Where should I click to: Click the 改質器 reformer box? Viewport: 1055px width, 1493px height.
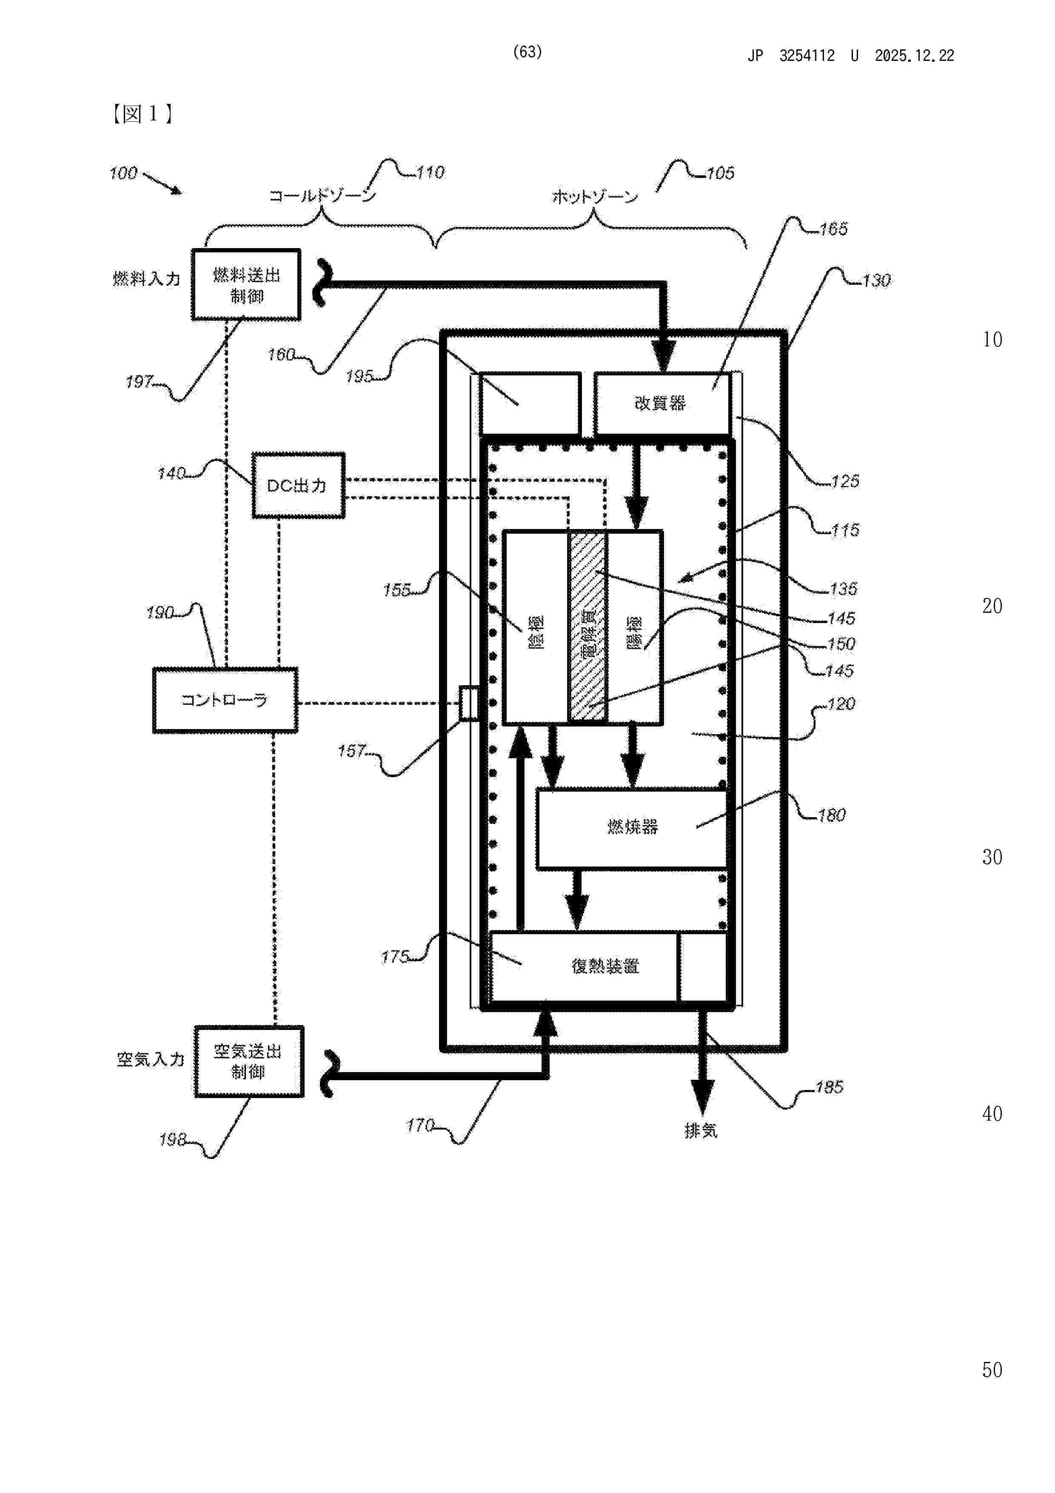tap(661, 403)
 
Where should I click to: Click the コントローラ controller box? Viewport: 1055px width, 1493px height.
tap(225, 701)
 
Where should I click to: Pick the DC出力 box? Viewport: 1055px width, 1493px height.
tap(298, 486)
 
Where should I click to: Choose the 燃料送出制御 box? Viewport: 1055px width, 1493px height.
tap(246, 285)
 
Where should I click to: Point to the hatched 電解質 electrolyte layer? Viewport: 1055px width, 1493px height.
tap(587, 627)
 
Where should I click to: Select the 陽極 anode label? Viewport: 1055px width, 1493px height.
tap(634, 632)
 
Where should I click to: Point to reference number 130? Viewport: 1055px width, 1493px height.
tap(876, 281)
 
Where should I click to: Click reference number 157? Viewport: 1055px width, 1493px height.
tap(352, 752)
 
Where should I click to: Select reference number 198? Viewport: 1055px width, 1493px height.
tap(173, 1140)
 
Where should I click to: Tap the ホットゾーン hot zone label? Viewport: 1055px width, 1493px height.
tap(595, 196)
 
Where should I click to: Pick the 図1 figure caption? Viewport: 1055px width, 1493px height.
tap(141, 114)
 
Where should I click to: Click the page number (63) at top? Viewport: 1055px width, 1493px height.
tap(527, 52)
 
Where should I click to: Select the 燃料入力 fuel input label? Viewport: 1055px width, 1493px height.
tap(146, 279)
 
